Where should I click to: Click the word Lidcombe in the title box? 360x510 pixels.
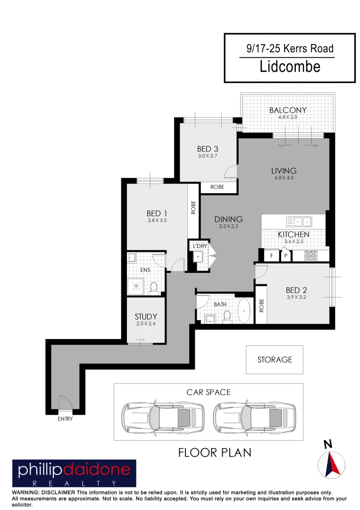pyautogui.click(x=290, y=67)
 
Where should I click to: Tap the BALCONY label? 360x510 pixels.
pyautogui.click(x=288, y=110)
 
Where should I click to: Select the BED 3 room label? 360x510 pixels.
pyautogui.click(x=207, y=149)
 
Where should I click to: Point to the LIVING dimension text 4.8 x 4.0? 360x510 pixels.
pyautogui.click(x=284, y=178)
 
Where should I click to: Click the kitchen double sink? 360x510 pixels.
pyautogui.click(x=299, y=221)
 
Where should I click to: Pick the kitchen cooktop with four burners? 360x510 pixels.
pyautogui.click(x=311, y=256)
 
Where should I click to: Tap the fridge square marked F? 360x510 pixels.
pyautogui.click(x=271, y=256)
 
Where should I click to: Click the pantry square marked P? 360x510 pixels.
pyautogui.click(x=285, y=256)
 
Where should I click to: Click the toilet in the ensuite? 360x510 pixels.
pyautogui.click(x=153, y=288)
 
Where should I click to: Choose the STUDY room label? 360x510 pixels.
pyautogui.click(x=146, y=316)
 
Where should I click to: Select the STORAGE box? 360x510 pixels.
pyautogui.click(x=275, y=360)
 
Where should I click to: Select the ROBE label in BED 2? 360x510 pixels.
pyautogui.click(x=261, y=306)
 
